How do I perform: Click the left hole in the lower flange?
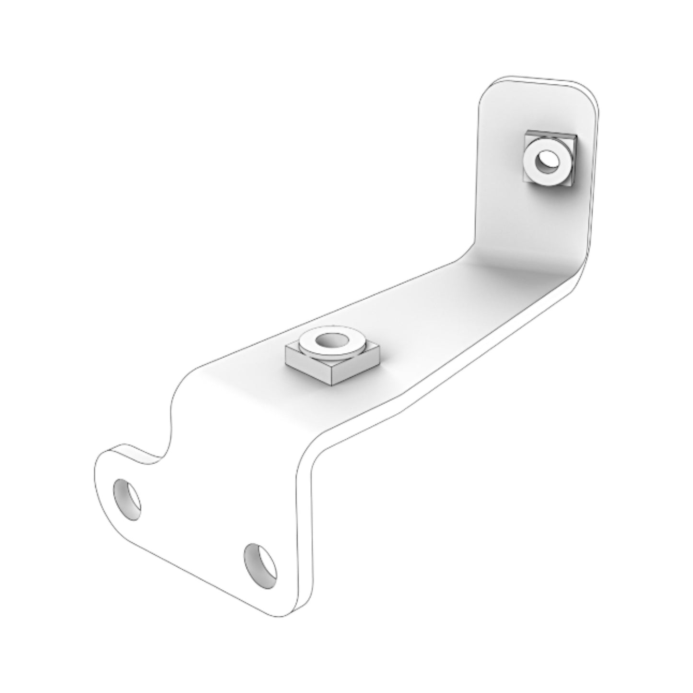(127, 499)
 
